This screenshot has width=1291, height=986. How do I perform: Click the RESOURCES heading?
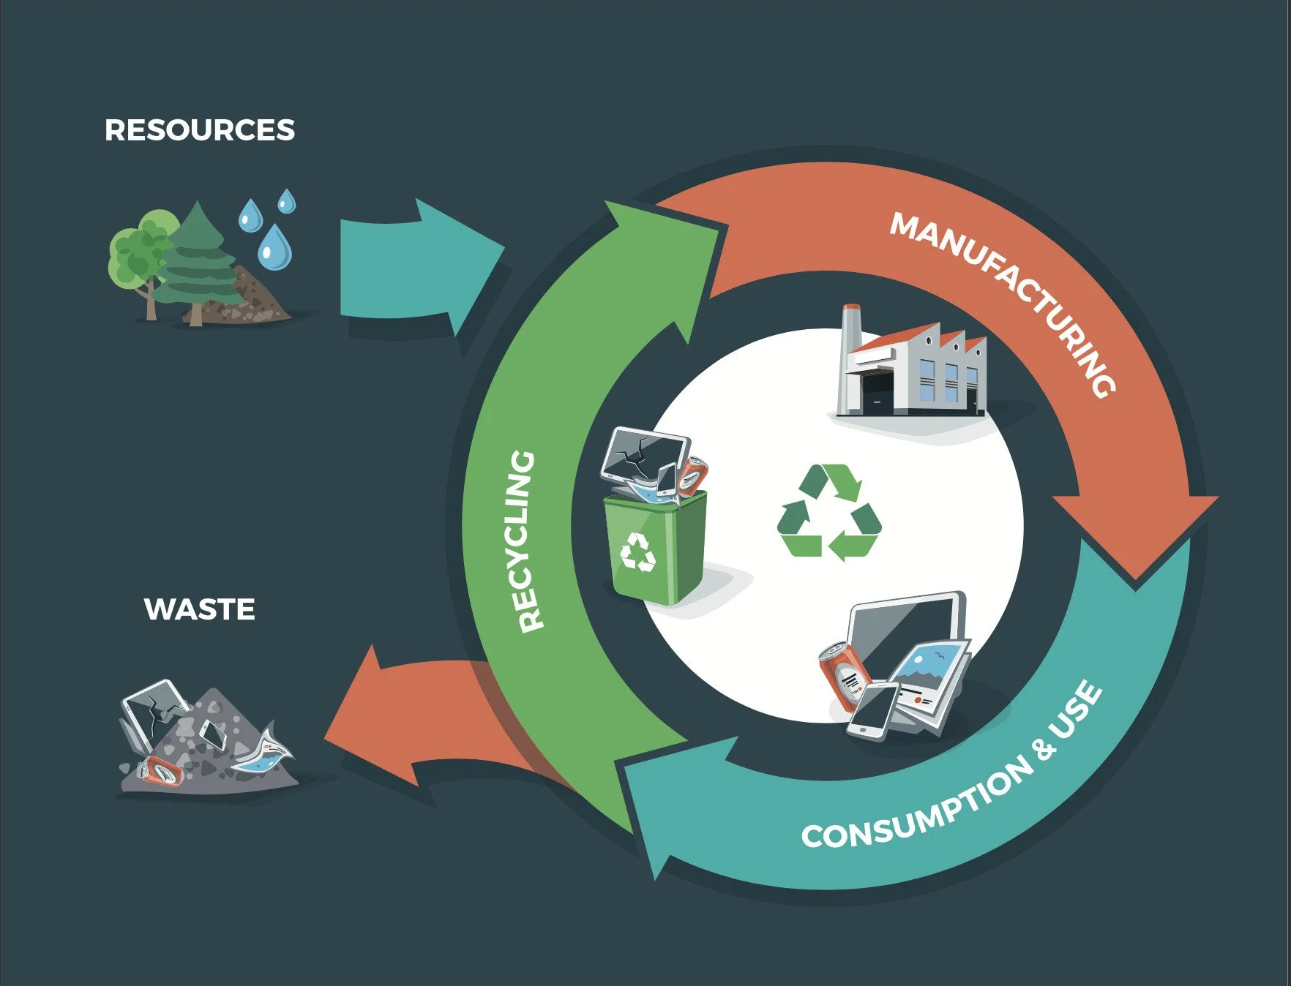199,130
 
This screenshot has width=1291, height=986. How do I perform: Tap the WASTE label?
199,609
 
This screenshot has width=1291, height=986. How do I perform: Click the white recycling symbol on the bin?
638,552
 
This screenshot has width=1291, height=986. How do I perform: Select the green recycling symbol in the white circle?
829,512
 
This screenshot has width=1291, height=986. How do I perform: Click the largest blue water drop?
274,247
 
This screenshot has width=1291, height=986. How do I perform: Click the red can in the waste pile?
162,770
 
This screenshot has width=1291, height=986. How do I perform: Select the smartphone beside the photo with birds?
872,710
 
